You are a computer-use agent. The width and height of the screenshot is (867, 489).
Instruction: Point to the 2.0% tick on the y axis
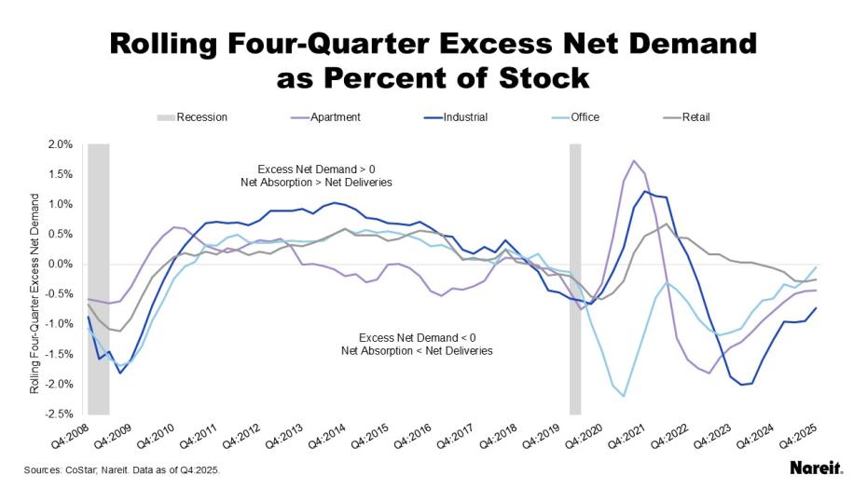pyautogui.click(x=59, y=144)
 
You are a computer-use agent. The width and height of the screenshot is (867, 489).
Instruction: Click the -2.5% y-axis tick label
pyautogui.click(x=58, y=414)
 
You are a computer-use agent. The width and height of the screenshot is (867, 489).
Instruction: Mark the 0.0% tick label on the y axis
pyautogui.click(x=59, y=264)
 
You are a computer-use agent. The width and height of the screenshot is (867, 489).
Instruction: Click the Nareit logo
pyautogui.click(x=816, y=469)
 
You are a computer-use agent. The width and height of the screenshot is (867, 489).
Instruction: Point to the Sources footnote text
pyautogui.click(x=121, y=470)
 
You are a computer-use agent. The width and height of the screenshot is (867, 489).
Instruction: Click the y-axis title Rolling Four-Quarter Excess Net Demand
pyautogui.click(x=34, y=292)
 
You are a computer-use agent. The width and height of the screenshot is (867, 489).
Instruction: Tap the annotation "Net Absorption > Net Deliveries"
pyautogui.click(x=316, y=183)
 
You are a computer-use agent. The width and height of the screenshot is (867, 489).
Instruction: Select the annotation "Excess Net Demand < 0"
pyautogui.click(x=417, y=337)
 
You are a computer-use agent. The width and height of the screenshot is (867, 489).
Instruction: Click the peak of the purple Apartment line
pyautogui.click(x=634, y=160)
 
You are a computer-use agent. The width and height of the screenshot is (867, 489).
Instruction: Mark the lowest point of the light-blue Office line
pyautogui.click(x=624, y=397)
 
